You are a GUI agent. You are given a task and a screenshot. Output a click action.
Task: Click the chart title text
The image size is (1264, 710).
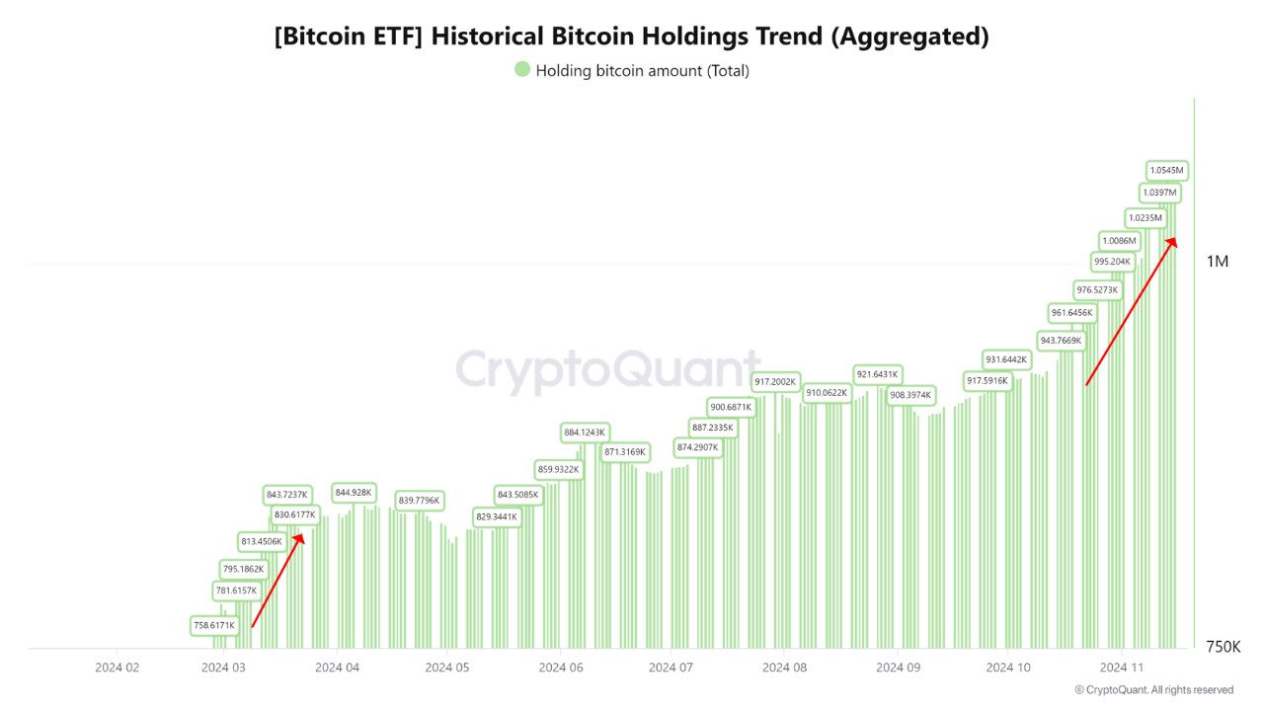pyautogui.click(x=631, y=38)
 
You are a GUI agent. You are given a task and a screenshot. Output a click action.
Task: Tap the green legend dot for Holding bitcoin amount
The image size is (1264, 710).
pyautogui.click(x=521, y=69)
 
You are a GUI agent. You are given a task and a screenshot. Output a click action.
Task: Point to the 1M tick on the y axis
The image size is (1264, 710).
pyautogui.click(x=1217, y=262)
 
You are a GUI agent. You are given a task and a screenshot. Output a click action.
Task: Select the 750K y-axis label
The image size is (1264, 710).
pyautogui.click(x=1223, y=647)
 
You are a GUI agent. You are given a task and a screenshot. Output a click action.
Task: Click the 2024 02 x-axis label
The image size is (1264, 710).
pyautogui.click(x=117, y=668)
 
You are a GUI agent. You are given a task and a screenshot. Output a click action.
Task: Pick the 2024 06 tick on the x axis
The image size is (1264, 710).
pyautogui.click(x=560, y=668)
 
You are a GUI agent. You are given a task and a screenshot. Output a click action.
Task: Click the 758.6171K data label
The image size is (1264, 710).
pyautogui.click(x=214, y=625)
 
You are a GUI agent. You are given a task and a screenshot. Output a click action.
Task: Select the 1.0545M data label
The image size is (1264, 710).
pyautogui.click(x=1166, y=170)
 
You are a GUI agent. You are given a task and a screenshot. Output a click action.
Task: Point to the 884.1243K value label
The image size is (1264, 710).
pyautogui.click(x=585, y=432)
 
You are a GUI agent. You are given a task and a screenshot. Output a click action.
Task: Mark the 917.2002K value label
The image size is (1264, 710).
pyautogui.click(x=775, y=381)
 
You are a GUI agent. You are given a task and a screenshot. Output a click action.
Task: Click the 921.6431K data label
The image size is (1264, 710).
pyautogui.click(x=877, y=374)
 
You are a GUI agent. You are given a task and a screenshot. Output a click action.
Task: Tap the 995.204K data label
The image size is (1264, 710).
pyautogui.click(x=1112, y=262)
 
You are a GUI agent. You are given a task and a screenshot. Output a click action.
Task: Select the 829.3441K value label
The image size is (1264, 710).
pyautogui.click(x=497, y=516)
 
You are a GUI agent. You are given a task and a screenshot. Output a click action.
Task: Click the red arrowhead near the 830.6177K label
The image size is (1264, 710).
pyautogui.click(x=299, y=537)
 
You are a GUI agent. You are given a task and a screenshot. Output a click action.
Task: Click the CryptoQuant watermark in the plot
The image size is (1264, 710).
pyautogui.click(x=607, y=371)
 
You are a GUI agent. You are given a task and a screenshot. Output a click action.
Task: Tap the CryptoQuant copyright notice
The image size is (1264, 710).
pyautogui.click(x=1153, y=690)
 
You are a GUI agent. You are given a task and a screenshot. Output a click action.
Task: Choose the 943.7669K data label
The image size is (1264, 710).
pyautogui.click(x=1061, y=340)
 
